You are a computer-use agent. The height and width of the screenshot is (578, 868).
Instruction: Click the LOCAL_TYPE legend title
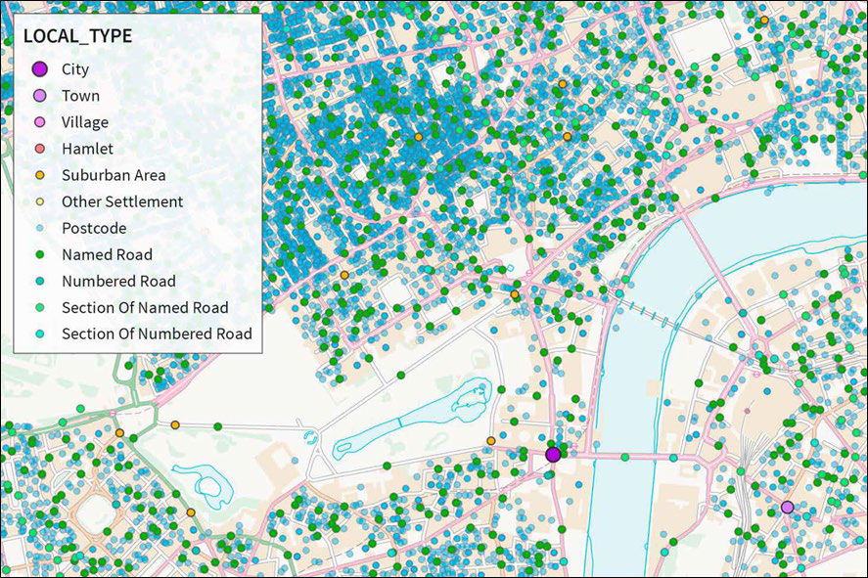[77, 36]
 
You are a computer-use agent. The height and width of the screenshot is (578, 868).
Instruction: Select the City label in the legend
[74, 69]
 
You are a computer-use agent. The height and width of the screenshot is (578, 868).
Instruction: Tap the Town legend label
[80, 96]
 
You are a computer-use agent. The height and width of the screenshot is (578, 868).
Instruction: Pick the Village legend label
[85, 122]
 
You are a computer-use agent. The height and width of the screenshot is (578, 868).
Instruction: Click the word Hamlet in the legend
[87, 149]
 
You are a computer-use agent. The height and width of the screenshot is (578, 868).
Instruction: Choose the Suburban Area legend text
[114, 175]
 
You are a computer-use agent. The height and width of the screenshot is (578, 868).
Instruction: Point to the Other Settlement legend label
[122, 201]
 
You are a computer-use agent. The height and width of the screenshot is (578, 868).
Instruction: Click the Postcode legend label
[94, 228]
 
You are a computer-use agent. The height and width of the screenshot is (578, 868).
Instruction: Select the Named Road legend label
[107, 254]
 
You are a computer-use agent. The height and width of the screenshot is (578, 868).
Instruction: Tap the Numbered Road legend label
[118, 281]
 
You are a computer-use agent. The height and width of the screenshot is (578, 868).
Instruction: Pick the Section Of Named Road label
[145, 307]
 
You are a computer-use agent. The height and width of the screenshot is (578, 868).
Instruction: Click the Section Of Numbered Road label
[157, 333]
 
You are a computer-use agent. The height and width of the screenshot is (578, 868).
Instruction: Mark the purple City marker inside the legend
[39, 69]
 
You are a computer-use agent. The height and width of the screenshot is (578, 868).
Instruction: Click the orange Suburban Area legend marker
[39, 175]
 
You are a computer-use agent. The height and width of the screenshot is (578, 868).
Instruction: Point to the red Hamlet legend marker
[39, 149]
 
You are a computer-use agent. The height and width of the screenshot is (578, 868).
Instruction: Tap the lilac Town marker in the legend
[39, 96]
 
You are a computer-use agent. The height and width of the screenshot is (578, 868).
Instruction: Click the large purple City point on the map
[553, 454]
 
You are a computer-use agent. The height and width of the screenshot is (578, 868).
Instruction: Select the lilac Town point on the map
[787, 507]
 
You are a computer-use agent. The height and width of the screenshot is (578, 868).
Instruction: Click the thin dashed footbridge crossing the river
[650, 316]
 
